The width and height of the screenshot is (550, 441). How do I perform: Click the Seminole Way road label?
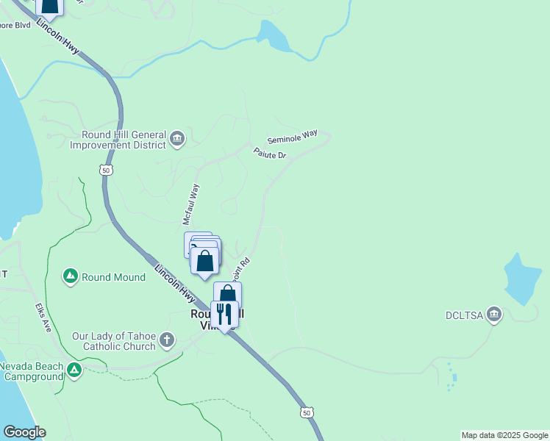click(x=292, y=137)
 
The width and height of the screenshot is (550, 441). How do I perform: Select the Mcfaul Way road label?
click(x=191, y=204)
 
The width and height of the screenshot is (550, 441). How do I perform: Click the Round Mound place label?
click(x=113, y=277)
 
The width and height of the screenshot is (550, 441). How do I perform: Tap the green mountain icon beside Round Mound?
click(x=71, y=276)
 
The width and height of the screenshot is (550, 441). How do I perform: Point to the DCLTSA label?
click(x=464, y=316)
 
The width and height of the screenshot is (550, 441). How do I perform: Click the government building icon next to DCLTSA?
click(x=494, y=315)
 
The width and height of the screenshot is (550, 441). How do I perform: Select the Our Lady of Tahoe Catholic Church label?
click(x=113, y=341)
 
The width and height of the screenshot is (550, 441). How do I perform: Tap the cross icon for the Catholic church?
click(x=168, y=340)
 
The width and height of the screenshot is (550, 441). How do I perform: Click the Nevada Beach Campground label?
click(x=32, y=371)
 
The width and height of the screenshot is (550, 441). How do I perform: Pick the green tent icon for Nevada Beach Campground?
click(x=74, y=370)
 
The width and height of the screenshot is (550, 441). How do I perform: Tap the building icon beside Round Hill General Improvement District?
click(x=176, y=139)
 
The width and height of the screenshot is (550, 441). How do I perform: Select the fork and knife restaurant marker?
click(x=224, y=315)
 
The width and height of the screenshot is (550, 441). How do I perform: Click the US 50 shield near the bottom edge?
click(x=306, y=412)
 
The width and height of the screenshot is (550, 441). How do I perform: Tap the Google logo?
click(x=24, y=432)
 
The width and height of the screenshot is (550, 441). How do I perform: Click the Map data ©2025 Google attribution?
click(x=504, y=435)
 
